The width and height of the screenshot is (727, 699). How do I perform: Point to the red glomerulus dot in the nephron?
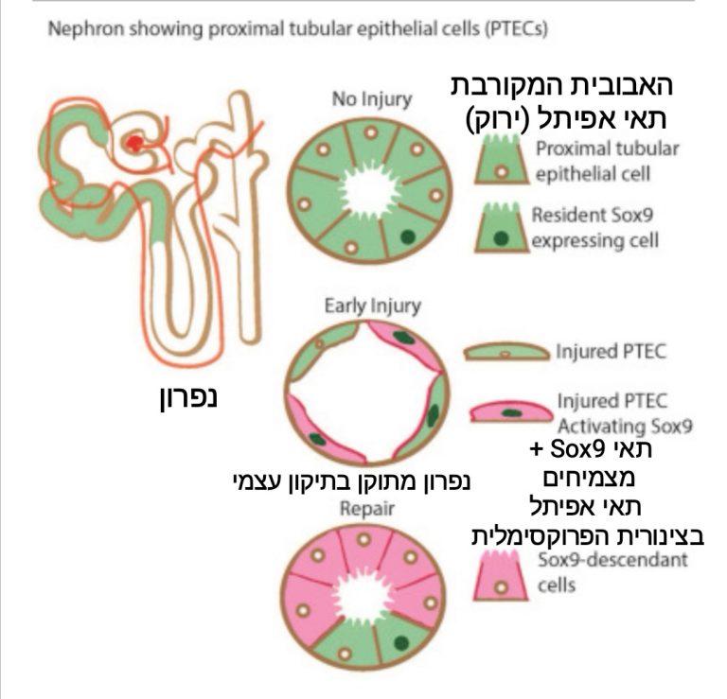tap(137, 143)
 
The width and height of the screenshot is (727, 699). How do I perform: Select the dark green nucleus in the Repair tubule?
tap(401, 642)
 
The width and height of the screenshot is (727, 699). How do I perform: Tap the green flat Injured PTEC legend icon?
tap(505, 353)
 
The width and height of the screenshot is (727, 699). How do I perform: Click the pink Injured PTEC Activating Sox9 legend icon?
tap(509, 411)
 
